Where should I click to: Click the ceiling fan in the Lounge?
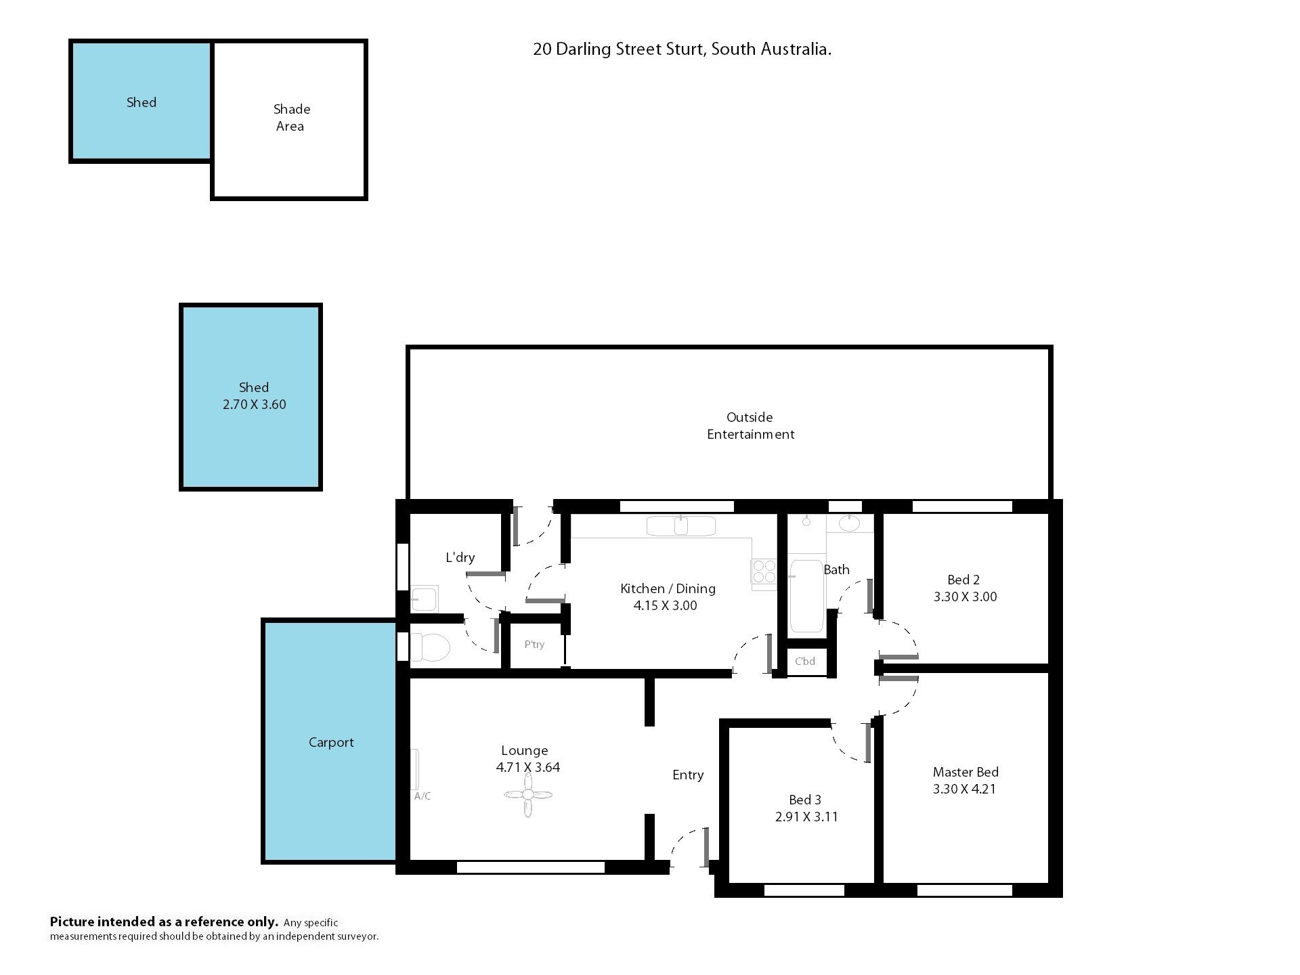pos(528,795)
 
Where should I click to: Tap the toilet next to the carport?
pos(430,647)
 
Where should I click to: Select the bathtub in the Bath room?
pos(806,596)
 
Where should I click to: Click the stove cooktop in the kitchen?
pos(764,571)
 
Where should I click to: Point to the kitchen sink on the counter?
pos(680,525)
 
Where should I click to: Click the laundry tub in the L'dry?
pos(425,599)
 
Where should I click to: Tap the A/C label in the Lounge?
pos(422,796)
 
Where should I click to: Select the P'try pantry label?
pos(534,645)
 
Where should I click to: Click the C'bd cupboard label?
pos(805,662)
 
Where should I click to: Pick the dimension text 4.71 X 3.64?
pos(528,767)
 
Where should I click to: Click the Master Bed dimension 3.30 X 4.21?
pos(965,789)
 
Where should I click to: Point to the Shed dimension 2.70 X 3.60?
pos(254,404)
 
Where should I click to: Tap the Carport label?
pos(331,742)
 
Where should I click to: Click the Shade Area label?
pos(291,118)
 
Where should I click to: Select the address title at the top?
pos(682,49)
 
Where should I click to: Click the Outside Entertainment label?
pos(750,426)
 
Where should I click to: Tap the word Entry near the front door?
pos(688,775)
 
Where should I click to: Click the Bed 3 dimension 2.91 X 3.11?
pos(806,817)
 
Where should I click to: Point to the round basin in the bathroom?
pos(849,523)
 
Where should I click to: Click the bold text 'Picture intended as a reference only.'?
pos(164,922)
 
